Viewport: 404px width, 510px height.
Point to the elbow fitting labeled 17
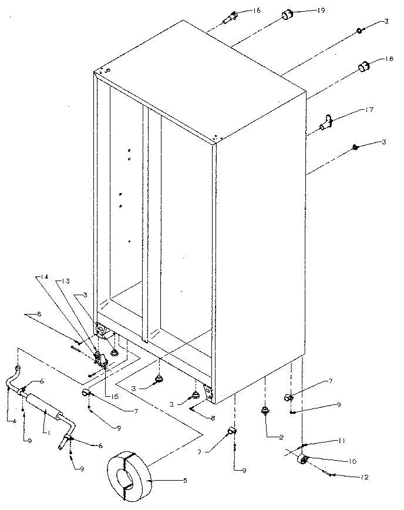point(326,122)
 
